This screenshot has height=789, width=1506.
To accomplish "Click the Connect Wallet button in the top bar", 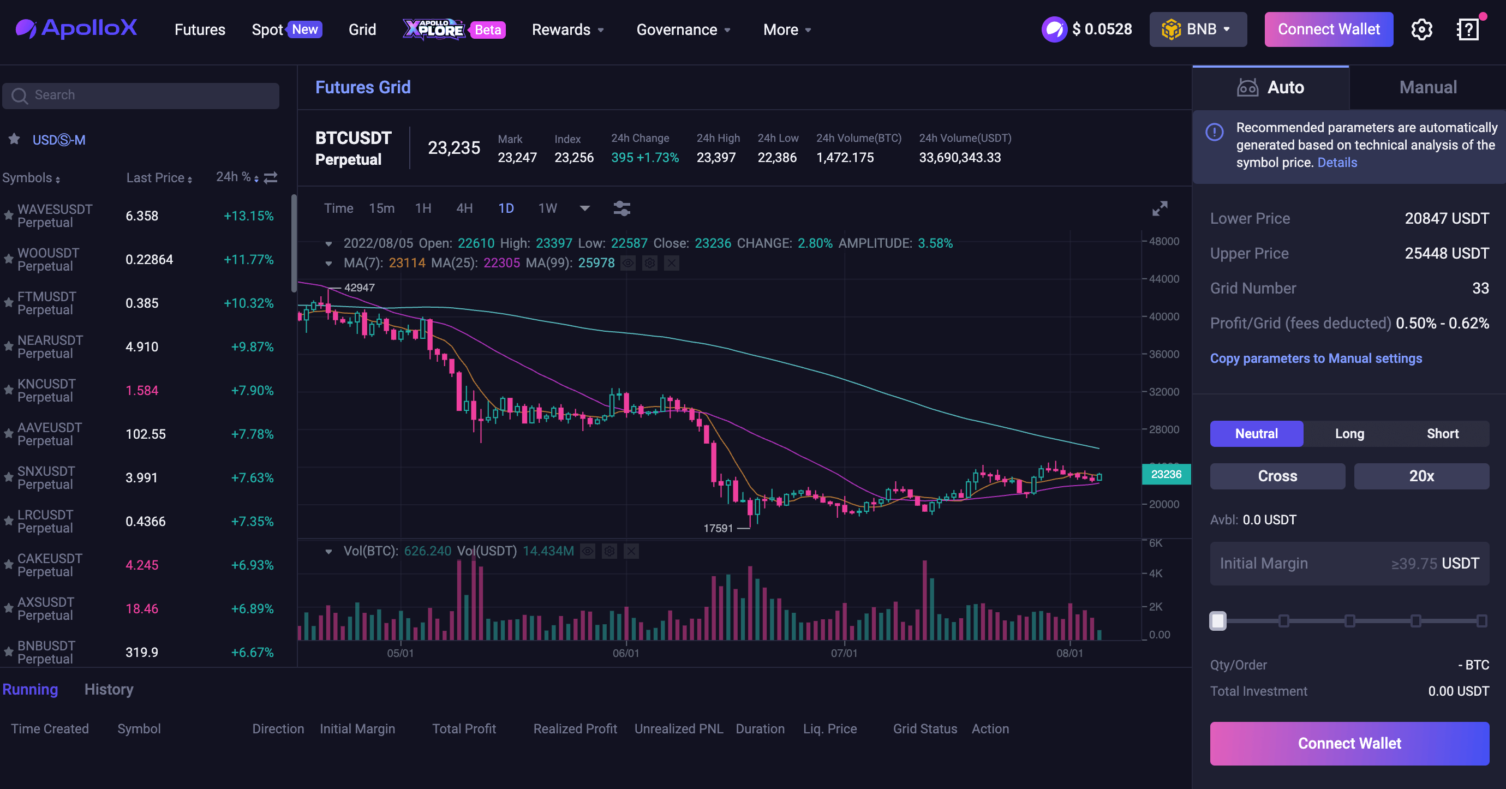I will (1328, 29).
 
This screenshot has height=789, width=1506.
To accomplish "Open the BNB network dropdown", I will (1197, 29).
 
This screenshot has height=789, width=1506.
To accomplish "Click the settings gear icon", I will (1421, 29).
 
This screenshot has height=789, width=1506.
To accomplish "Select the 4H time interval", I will (464, 208).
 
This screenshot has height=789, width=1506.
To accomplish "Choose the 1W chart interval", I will (547, 208).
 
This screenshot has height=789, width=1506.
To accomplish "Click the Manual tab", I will (1427, 88).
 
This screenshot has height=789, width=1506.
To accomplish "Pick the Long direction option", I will (1349, 434).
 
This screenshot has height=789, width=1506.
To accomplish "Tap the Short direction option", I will (1442, 434).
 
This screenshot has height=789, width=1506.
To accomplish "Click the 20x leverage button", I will (1421, 476).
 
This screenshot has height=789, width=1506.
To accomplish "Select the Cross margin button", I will (1277, 476).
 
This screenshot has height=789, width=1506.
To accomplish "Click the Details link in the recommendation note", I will (1337, 163).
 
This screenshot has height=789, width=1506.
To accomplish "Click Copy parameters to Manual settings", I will (1316, 358).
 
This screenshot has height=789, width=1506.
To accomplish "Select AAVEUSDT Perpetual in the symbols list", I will (50, 434).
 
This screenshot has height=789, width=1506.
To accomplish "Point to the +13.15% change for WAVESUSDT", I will (248, 216).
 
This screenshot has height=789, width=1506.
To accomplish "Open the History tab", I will (109, 690).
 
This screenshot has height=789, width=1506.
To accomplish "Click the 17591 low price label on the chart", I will (718, 528).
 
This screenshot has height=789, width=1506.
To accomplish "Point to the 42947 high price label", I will (359, 288).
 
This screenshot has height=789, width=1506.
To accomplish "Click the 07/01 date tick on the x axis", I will (844, 653).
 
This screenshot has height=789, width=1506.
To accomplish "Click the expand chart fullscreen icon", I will (1160, 208).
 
